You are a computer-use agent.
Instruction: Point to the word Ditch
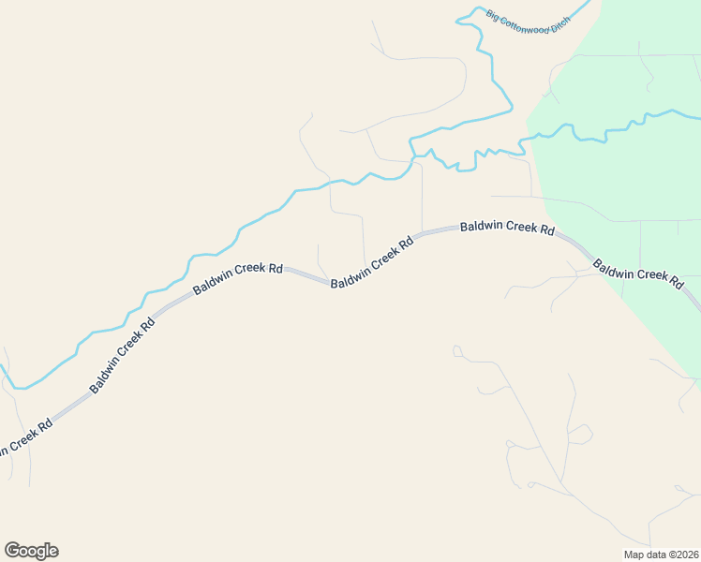(560, 28)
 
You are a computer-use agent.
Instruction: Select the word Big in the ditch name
(493, 15)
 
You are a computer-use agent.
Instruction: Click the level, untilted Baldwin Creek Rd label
(506, 228)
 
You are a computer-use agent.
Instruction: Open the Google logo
(31, 551)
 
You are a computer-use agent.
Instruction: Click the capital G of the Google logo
(13, 551)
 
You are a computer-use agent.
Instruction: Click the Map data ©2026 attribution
(661, 555)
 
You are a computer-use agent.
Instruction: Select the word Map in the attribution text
(634, 555)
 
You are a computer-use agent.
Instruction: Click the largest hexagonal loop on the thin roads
(580, 434)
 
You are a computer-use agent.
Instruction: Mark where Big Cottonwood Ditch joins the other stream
(411, 140)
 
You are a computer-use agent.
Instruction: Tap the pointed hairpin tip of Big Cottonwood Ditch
(457, 19)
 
